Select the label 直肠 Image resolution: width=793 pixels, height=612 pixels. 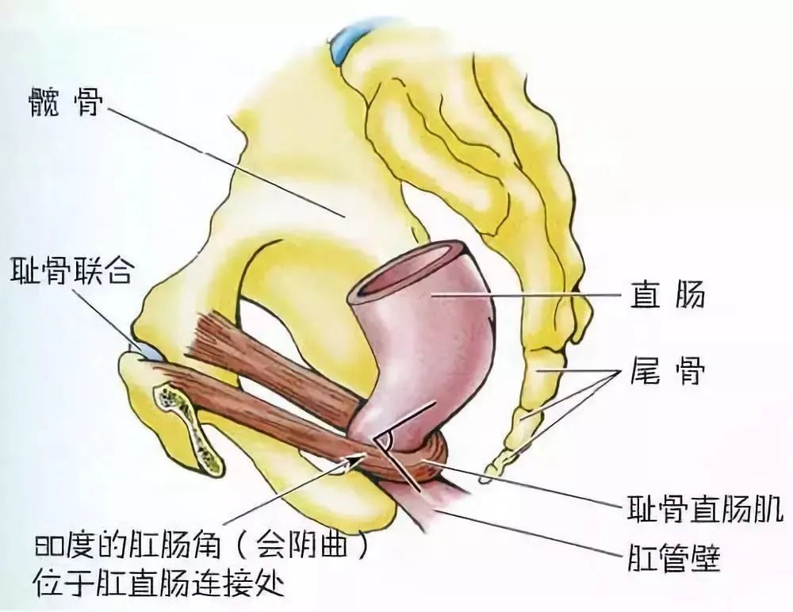pos(667,294)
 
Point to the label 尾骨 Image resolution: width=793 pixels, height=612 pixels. pos(667,371)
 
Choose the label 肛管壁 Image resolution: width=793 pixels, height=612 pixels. pos(674,557)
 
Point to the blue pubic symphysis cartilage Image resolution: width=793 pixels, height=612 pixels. pos(150,352)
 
